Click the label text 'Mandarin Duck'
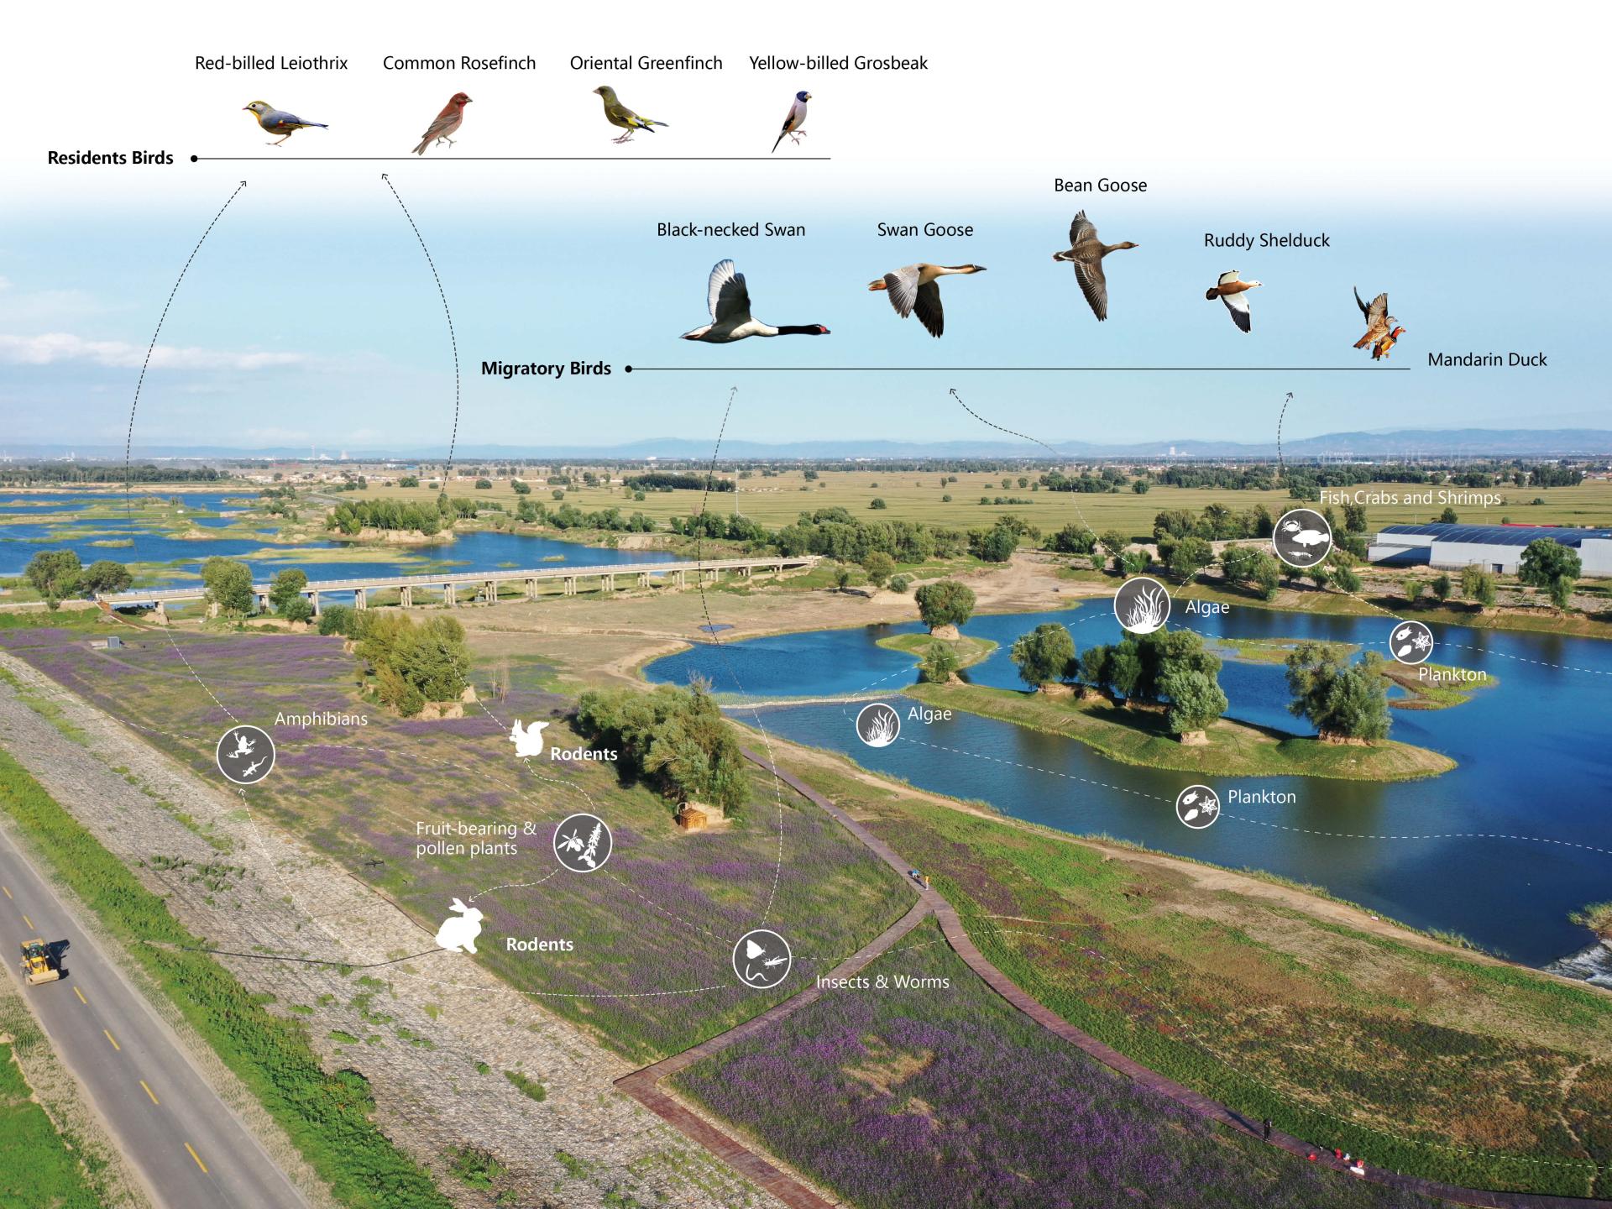[1487, 360]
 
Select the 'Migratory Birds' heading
[546, 369]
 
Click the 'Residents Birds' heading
[110, 158]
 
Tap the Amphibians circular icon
[245, 754]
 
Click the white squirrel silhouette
[529, 739]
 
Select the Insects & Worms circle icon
[762, 959]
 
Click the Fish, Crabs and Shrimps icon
[1302, 537]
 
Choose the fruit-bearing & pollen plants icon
[583, 842]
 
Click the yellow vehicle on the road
[39, 960]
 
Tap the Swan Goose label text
[924, 230]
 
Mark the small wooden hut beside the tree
[692, 818]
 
